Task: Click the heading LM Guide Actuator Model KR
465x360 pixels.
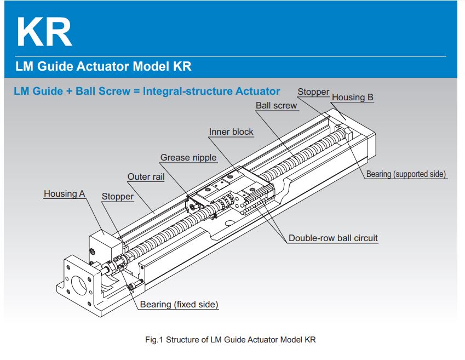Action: point(104,67)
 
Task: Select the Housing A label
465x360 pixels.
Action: point(65,194)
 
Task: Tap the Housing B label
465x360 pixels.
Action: point(353,98)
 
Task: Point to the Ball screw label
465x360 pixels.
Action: point(277,106)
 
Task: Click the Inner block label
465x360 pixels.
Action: point(231,132)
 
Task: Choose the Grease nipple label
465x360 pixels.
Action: point(188,158)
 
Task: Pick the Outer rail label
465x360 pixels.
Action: point(146,177)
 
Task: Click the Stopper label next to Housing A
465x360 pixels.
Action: point(118,197)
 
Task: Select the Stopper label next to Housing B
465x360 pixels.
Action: point(313,92)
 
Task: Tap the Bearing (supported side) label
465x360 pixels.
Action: point(406,174)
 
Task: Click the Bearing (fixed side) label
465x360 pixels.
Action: point(179,304)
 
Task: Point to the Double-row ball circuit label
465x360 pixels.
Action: point(333,238)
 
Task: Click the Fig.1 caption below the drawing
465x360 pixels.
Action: point(231,340)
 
